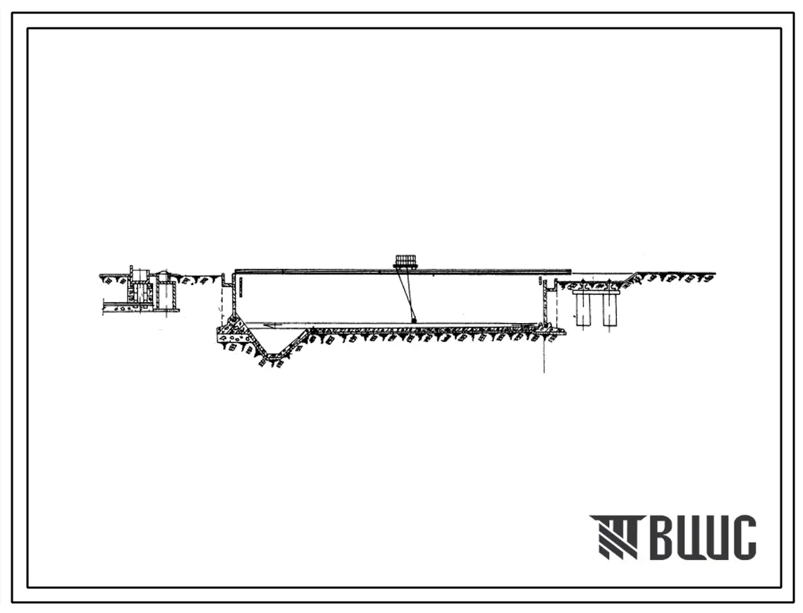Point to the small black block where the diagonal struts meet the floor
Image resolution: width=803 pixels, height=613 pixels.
[x=414, y=321]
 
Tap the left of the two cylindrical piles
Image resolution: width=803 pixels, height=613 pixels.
[x=584, y=308]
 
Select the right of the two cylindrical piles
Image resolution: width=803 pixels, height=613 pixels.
[x=611, y=308]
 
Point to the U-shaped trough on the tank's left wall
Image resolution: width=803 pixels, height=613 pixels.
[x=226, y=281]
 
